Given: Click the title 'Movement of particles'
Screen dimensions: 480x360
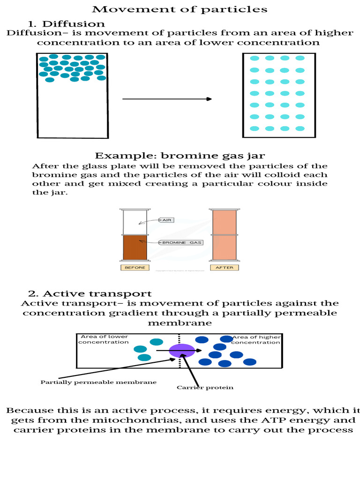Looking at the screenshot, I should click(180, 9).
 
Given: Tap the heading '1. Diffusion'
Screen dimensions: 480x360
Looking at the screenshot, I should click(66, 23).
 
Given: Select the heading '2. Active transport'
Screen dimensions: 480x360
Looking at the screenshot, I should click(90, 293).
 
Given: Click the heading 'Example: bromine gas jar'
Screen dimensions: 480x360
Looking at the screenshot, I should click(180, 156).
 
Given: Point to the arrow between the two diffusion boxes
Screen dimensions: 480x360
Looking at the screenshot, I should click(167, 99).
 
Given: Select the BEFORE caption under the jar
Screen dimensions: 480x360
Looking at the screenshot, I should click(135, 268).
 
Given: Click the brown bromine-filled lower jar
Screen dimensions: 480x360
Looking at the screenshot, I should click(135, 247).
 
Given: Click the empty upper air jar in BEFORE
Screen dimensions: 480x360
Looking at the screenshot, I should click(135, 222).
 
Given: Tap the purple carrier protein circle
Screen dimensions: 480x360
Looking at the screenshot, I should click(182, 351).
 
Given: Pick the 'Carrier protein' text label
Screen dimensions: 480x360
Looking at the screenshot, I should click(205, 388).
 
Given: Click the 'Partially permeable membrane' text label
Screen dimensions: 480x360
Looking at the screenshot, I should click(98, 382).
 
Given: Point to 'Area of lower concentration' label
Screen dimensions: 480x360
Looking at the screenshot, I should click(104, 339).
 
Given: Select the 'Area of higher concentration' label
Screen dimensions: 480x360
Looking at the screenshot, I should click(256, 339).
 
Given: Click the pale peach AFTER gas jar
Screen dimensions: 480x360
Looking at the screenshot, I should click(225, 234).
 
